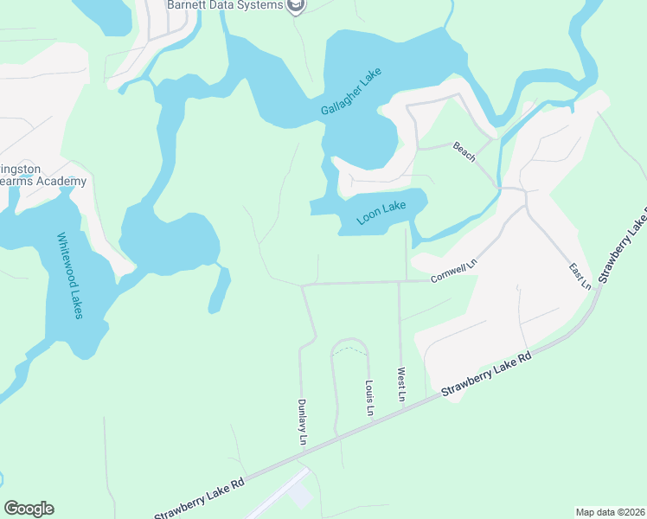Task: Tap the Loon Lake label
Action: tap(381, 213)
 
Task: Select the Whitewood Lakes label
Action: tap(69, 275)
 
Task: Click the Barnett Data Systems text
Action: tap(225, 6)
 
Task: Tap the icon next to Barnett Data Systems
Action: tap(297, 6)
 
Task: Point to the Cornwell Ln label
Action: tap(454, 271)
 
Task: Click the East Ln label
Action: tap(580, 276)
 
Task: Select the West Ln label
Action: tap(401, 385)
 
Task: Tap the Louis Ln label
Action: tap(369, 396)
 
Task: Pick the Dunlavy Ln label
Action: tap(303, 421)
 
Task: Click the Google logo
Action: tap(29, 509)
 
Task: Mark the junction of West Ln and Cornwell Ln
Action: tap(398, 282)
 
